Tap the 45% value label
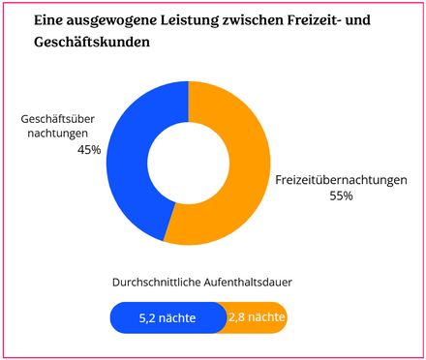click(89, 149)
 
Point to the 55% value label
click(342, 196)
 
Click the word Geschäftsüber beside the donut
click(61, 119)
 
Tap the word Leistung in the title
click(199, 19)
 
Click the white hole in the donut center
click(189, 163)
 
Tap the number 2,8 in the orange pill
click(238, 317)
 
